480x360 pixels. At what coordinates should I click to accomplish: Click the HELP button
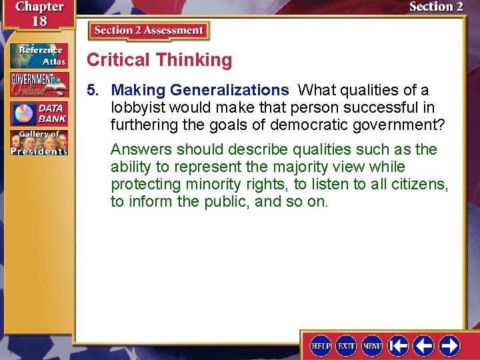(321, 345)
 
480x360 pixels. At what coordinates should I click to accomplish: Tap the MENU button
(371, 345)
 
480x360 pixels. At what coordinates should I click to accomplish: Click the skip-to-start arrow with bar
(398, 345)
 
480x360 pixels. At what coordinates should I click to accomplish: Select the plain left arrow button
(423, 345)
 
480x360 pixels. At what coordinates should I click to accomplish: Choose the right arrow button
(449, 345)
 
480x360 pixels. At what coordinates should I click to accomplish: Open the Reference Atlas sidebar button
(39, 55)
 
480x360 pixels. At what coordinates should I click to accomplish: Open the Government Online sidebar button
(39, 85)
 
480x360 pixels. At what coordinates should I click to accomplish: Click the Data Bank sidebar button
(39, 114)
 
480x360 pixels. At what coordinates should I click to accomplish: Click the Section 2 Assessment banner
(149, 31)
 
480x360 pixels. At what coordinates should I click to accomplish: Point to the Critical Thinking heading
(159, 60)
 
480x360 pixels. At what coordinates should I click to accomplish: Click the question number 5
(95, 90)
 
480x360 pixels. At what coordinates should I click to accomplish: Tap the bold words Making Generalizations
(200, 90)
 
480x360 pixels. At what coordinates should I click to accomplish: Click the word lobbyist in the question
(138, 107)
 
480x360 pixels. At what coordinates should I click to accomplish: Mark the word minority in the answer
(197, 184)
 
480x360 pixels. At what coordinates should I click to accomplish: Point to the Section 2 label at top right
(435, 7)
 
